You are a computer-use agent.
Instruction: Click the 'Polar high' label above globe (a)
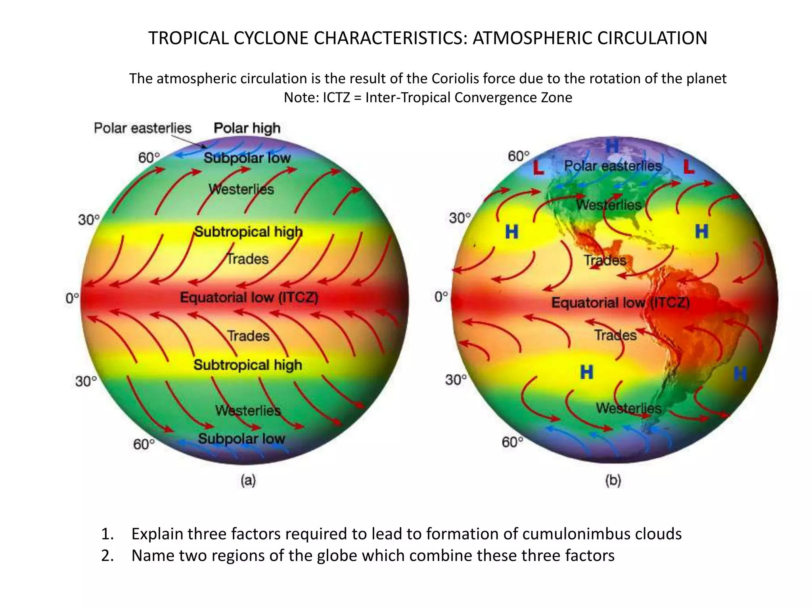tap(247, 128)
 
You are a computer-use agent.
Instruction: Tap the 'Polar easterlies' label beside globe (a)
tap(143, 128)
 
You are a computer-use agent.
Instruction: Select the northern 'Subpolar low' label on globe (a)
tap(247, 158)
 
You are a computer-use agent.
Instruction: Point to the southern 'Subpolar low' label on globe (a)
tap(241, 439)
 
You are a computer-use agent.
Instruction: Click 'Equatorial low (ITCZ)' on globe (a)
tap(249, 297)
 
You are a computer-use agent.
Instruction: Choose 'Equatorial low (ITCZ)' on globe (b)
tap(620, 303)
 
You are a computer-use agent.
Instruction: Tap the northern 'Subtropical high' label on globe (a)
tap(248, 232)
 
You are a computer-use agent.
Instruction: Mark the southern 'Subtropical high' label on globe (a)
tap(248, 365)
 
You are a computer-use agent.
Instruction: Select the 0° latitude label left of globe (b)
tap(441, 297)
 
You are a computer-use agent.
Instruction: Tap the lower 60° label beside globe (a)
tap(144, 444)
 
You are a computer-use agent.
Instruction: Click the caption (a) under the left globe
tap(248, 481)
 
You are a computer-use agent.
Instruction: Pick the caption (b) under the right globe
tap(613, 481)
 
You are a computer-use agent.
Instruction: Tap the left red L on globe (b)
tap(538, 168)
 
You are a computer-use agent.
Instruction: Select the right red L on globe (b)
tap(689, 167)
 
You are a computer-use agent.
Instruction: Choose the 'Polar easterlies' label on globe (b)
tap(613, 166)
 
